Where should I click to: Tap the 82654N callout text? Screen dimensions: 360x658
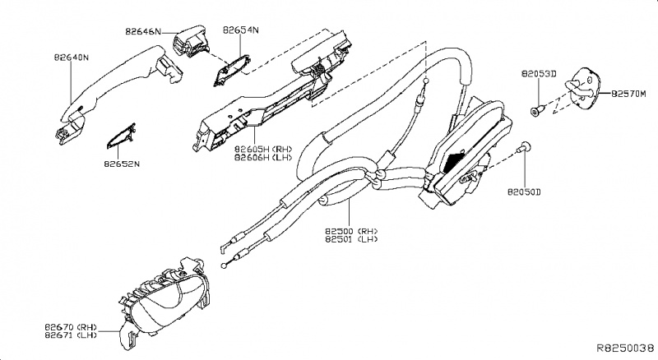click(x=240, y=30)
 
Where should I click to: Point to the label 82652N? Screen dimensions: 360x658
click(x=122, y=164)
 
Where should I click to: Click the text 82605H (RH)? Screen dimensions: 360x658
click(x=263, y=149)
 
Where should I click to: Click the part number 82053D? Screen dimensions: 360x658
click(x=540, y=74)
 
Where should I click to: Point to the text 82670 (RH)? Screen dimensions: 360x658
click(x=72, y=327)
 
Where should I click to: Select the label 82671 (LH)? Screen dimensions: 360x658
click(x=72, y=336)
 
